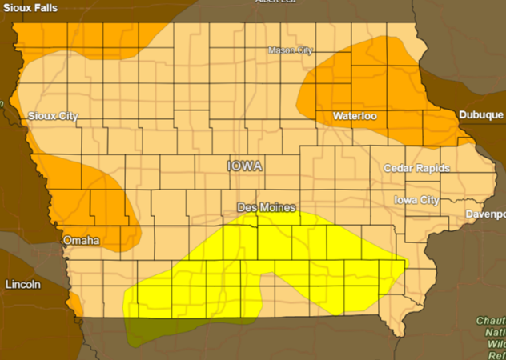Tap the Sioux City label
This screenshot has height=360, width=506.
(53, 116)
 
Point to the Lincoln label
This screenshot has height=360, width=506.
(22, 284)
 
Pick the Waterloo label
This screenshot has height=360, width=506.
(355, 116)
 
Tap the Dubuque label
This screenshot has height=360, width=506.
(481, 115)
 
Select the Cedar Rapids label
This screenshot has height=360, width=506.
(416, 168)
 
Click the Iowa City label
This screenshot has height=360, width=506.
(416, 199)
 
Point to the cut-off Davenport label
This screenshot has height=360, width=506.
(486, 214)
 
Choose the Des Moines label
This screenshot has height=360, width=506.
(267, 206)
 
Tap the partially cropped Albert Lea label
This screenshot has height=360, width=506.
(278, 2)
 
